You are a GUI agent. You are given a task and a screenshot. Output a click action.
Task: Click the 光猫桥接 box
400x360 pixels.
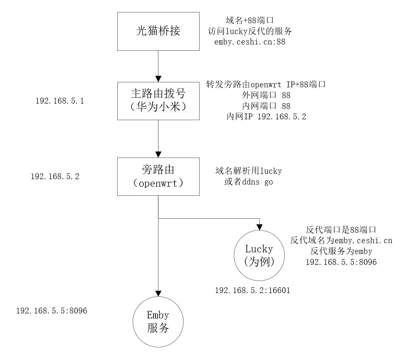click(158, 31)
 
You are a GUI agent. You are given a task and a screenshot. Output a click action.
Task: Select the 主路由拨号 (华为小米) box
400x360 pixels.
click(158, 101)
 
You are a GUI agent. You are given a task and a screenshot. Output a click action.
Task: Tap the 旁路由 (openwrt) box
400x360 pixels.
click(158, 176)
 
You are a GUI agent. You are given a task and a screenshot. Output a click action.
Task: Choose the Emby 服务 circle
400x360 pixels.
click(158, 322)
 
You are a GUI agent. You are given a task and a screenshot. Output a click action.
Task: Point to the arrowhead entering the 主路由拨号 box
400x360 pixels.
click(158, 78)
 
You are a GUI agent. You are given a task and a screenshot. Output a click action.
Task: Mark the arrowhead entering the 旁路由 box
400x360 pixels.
click(158, 154)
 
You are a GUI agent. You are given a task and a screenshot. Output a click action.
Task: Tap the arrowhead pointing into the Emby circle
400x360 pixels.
click(158, 293)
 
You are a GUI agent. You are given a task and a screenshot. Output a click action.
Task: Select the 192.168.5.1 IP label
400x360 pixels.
click(60, 101)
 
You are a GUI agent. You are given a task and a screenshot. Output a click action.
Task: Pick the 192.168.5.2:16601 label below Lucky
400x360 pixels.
click(252, 291)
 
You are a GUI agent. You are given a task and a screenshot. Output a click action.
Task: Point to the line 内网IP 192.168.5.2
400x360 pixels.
click(266, 117)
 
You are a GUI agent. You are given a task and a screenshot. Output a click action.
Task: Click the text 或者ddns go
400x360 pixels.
click(248, 182)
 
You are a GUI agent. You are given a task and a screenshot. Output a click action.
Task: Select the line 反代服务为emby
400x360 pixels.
click(341, 252)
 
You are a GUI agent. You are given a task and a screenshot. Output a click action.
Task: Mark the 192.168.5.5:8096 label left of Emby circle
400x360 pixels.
click(52, 311)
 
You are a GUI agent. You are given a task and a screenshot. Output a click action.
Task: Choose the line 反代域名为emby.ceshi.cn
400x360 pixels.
click(341, 241)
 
